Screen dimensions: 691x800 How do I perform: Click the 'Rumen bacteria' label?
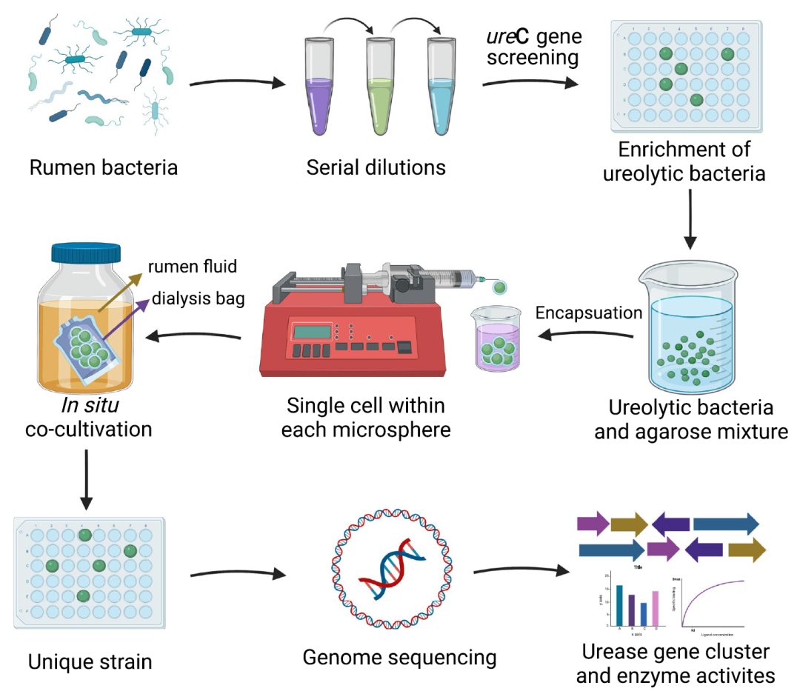104,167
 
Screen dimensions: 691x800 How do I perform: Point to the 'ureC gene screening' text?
533,47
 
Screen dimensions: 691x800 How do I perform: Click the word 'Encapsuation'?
589,313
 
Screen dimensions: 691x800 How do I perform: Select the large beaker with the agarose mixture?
690,333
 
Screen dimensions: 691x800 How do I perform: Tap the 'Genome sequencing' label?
399,656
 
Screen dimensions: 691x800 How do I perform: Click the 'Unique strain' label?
90,661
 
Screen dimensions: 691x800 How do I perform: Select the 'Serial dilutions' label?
376,167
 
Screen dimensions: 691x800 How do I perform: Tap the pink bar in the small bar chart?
654,607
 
